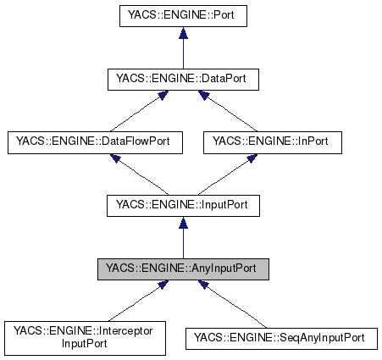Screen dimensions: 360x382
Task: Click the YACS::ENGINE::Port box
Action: tap(181, 16)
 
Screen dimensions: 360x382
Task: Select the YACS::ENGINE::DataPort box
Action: tap(181, 80)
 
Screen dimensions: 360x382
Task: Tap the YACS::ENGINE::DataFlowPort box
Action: tap(94, 143)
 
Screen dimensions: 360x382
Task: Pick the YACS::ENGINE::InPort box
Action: tap(273, 143)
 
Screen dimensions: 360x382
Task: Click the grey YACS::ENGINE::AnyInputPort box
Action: tap(181, 270)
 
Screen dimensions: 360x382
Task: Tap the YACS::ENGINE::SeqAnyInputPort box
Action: tap(280, 338)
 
